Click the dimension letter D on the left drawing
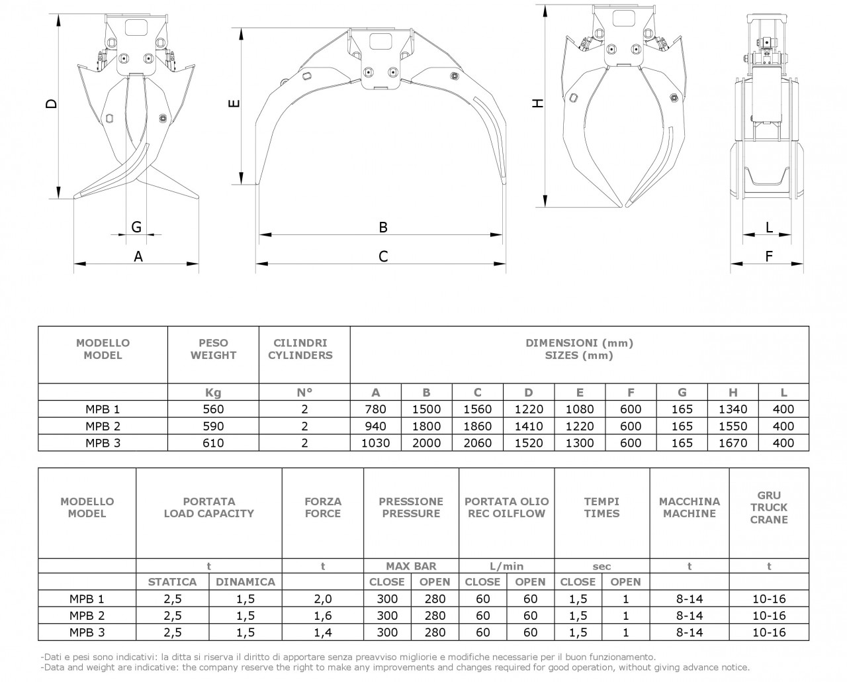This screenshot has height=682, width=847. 52,103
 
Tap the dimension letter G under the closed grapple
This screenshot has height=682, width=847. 136,227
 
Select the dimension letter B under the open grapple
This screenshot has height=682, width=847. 383,227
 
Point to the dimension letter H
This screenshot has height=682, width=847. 537,103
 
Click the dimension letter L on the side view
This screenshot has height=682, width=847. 769,227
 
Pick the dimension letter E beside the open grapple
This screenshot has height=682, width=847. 234,103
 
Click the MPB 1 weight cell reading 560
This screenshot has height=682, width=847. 213,409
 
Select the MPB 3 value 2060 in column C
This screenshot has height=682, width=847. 477,443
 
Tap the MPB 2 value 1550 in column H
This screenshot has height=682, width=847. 733,426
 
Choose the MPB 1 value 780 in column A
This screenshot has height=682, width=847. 375,409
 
